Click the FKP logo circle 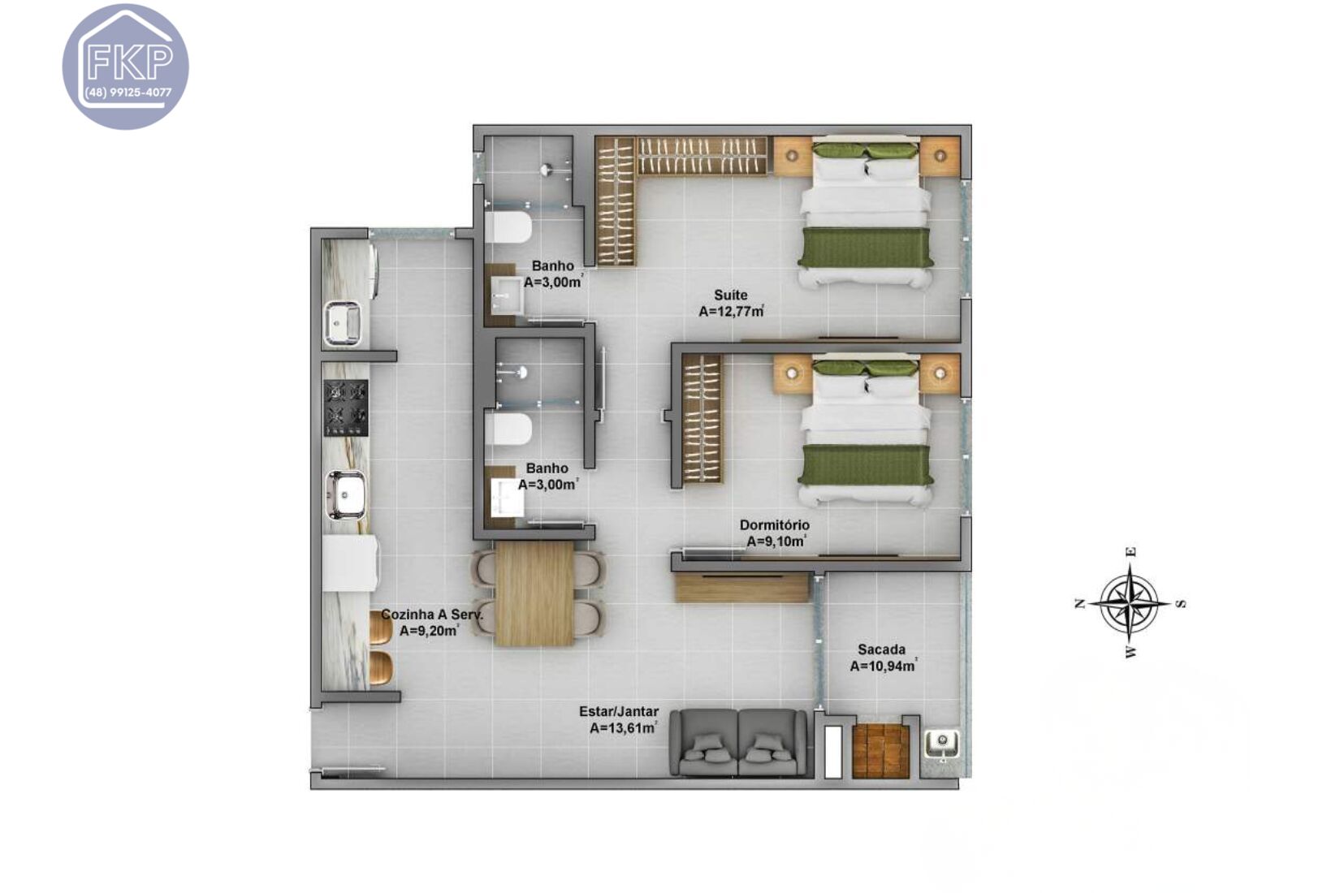pyautogui.click(x=126, y=66)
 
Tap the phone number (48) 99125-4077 pyautogui.click(x=128, y=93)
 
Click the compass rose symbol pyautogui.click(x=1130, y=603)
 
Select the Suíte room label pyautogui.click(x=730, y=295)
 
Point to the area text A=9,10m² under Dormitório pyautogui.click(x=776, y=541)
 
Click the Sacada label pyautogui.click(x=881, y=649)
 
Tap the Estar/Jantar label pyautogui.click(x=619, y=711)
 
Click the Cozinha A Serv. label pyautogui.click(x=431, y=615)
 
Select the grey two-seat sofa pyautogui.click(x=738, y=744)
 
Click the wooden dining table pyautogui.click(x=534, y=593)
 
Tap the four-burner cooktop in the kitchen pyautogui.click(x=346, y=408)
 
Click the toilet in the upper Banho pyautogui.click(x=509, y=227)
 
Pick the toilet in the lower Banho pyautogui.click(x=509, y=429)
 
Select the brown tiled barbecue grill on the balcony pyautogui.click(x=880, y=750)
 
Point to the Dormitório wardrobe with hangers pyautogui.click(x=702, y=419)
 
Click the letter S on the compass pyautogui.click(x=1182, y=603)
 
